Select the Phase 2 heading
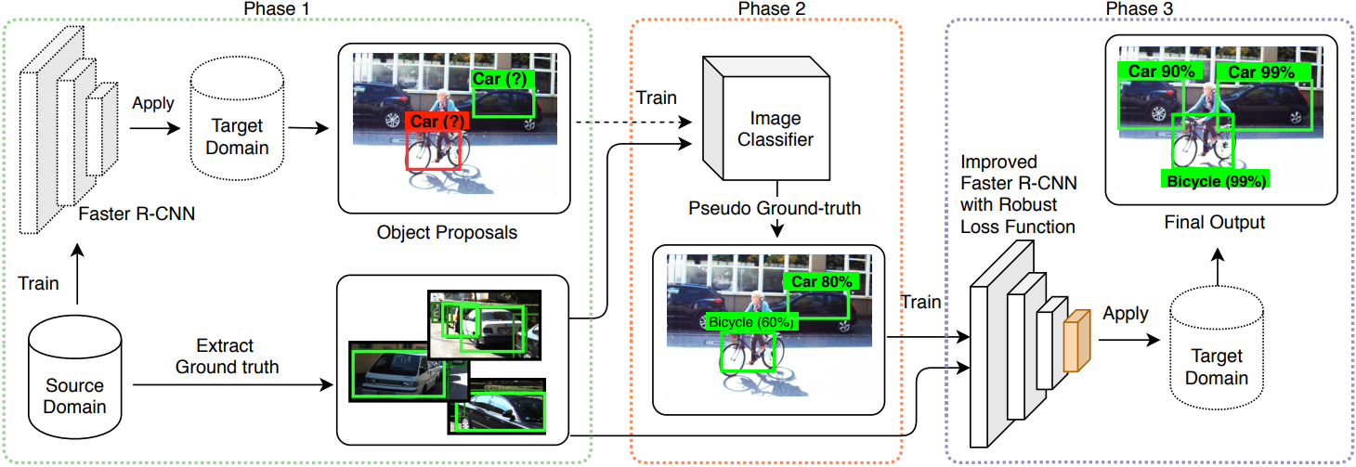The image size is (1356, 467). [767, 8]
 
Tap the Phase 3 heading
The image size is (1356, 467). [1138, 8]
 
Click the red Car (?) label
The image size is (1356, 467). [437, 121]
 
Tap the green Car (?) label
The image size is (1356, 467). [502, 79]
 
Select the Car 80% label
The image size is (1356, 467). [821, 281]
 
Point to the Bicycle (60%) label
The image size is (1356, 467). [751, 322]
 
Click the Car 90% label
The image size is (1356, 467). [1161, 71]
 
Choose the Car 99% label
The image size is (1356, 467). [1261, 71]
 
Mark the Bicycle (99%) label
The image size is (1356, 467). [1213, 181]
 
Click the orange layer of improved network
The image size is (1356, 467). [1076, 341]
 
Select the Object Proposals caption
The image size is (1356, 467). [447, 232]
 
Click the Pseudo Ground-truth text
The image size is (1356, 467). [774, 209]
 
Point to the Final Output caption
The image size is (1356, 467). [1214, 223]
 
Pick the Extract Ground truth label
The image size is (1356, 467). [227, 357]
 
